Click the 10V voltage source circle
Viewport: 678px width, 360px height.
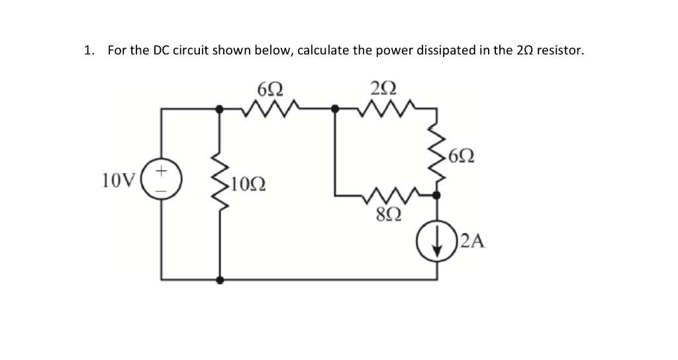click(161, 179)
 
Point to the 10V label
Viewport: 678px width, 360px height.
click(119, 179)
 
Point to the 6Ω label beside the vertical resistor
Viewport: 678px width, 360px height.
click(461, 157)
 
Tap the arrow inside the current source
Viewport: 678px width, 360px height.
click(436, 245)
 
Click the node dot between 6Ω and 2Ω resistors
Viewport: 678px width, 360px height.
click(335, 107)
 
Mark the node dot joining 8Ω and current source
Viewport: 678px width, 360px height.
click(436, 195)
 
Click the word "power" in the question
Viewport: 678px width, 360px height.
click(395, 51)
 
